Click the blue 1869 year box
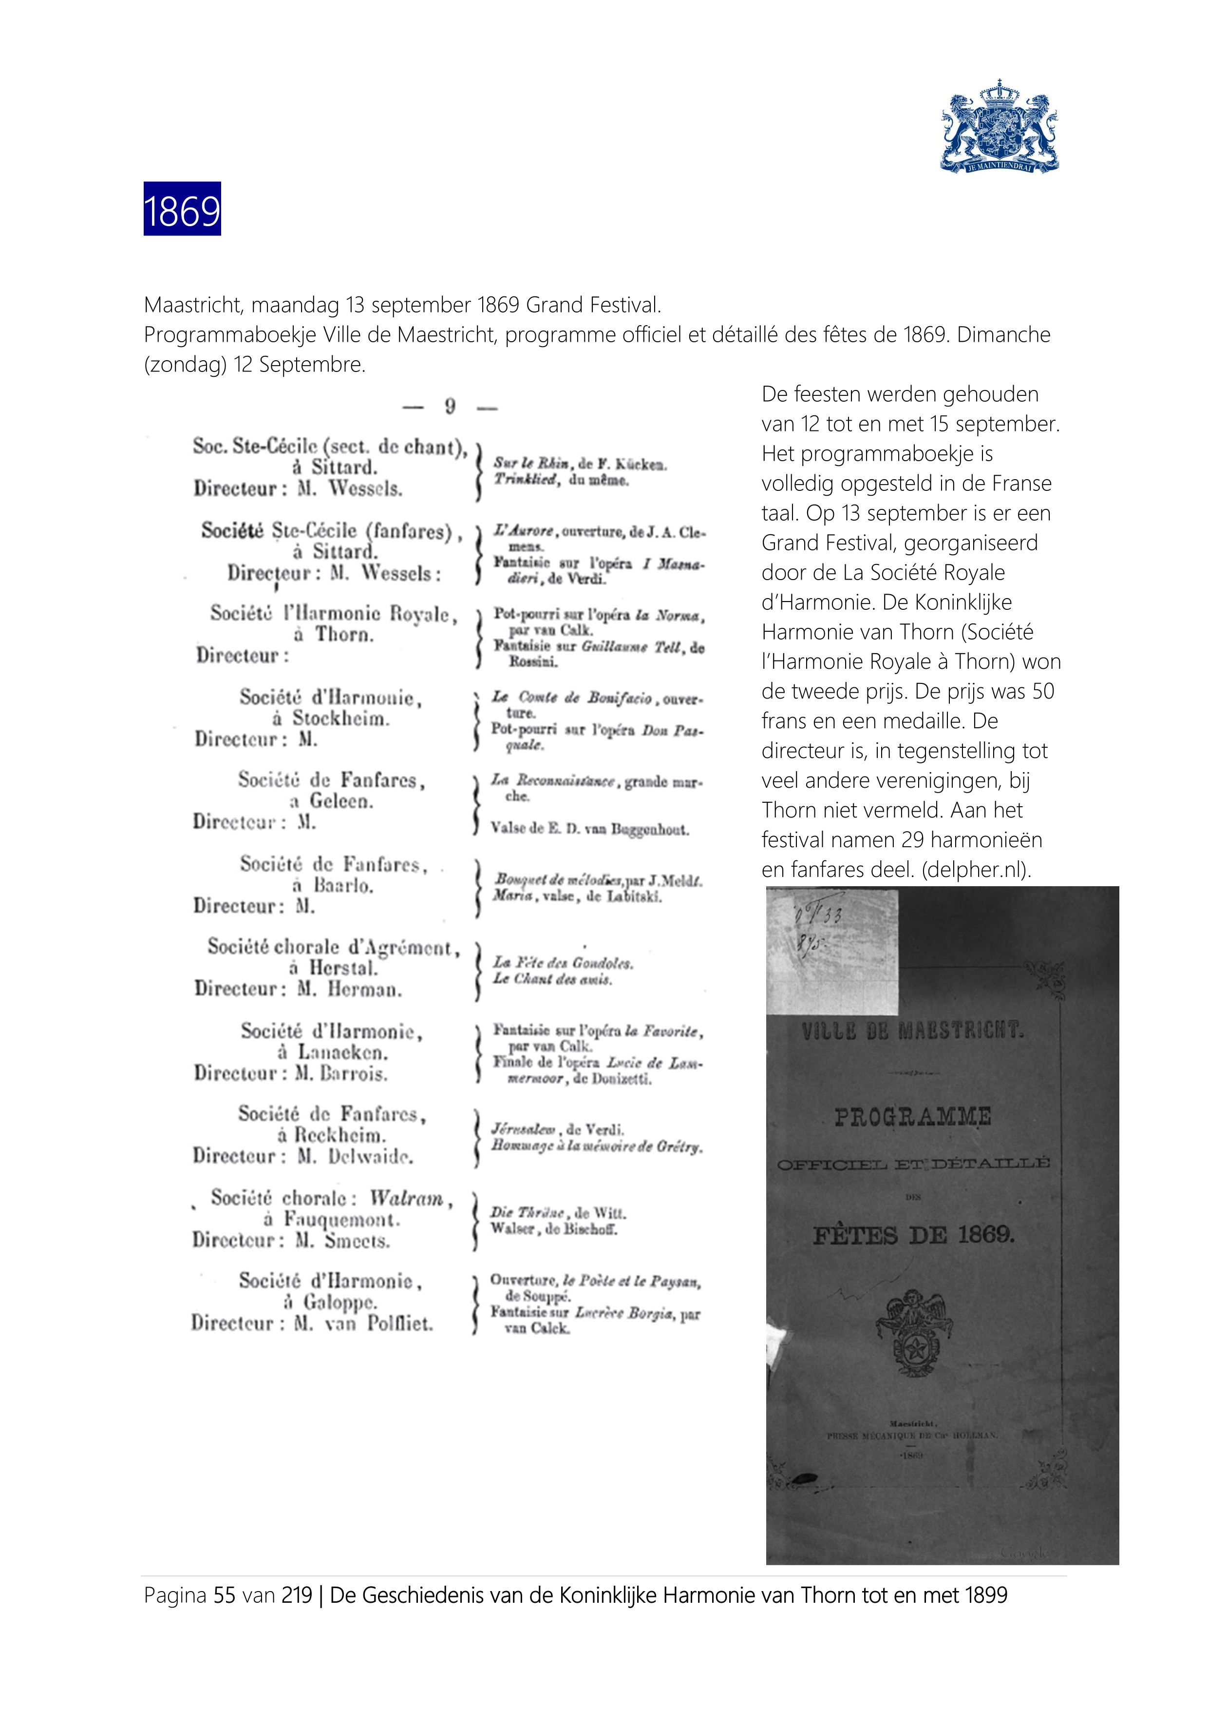click(x=182, y=209)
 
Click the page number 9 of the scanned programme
click(x=450, y=407)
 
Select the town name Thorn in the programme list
click(x=344, y=635)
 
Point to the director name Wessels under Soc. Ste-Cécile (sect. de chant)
click(x=365, y=489)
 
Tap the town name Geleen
click(x=341, y=801)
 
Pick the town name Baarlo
click(x=343, y=886)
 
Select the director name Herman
click(x=365, y=990)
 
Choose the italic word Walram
click(x=406, y=1198)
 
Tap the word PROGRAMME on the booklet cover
click(x=912, y=1117)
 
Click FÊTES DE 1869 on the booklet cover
click(x=913, y=1236)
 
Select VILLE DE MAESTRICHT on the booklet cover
click(x=912, y=1031)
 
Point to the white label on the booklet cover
click(x=832, y=951)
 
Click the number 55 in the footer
click(x=225, y=1595)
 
